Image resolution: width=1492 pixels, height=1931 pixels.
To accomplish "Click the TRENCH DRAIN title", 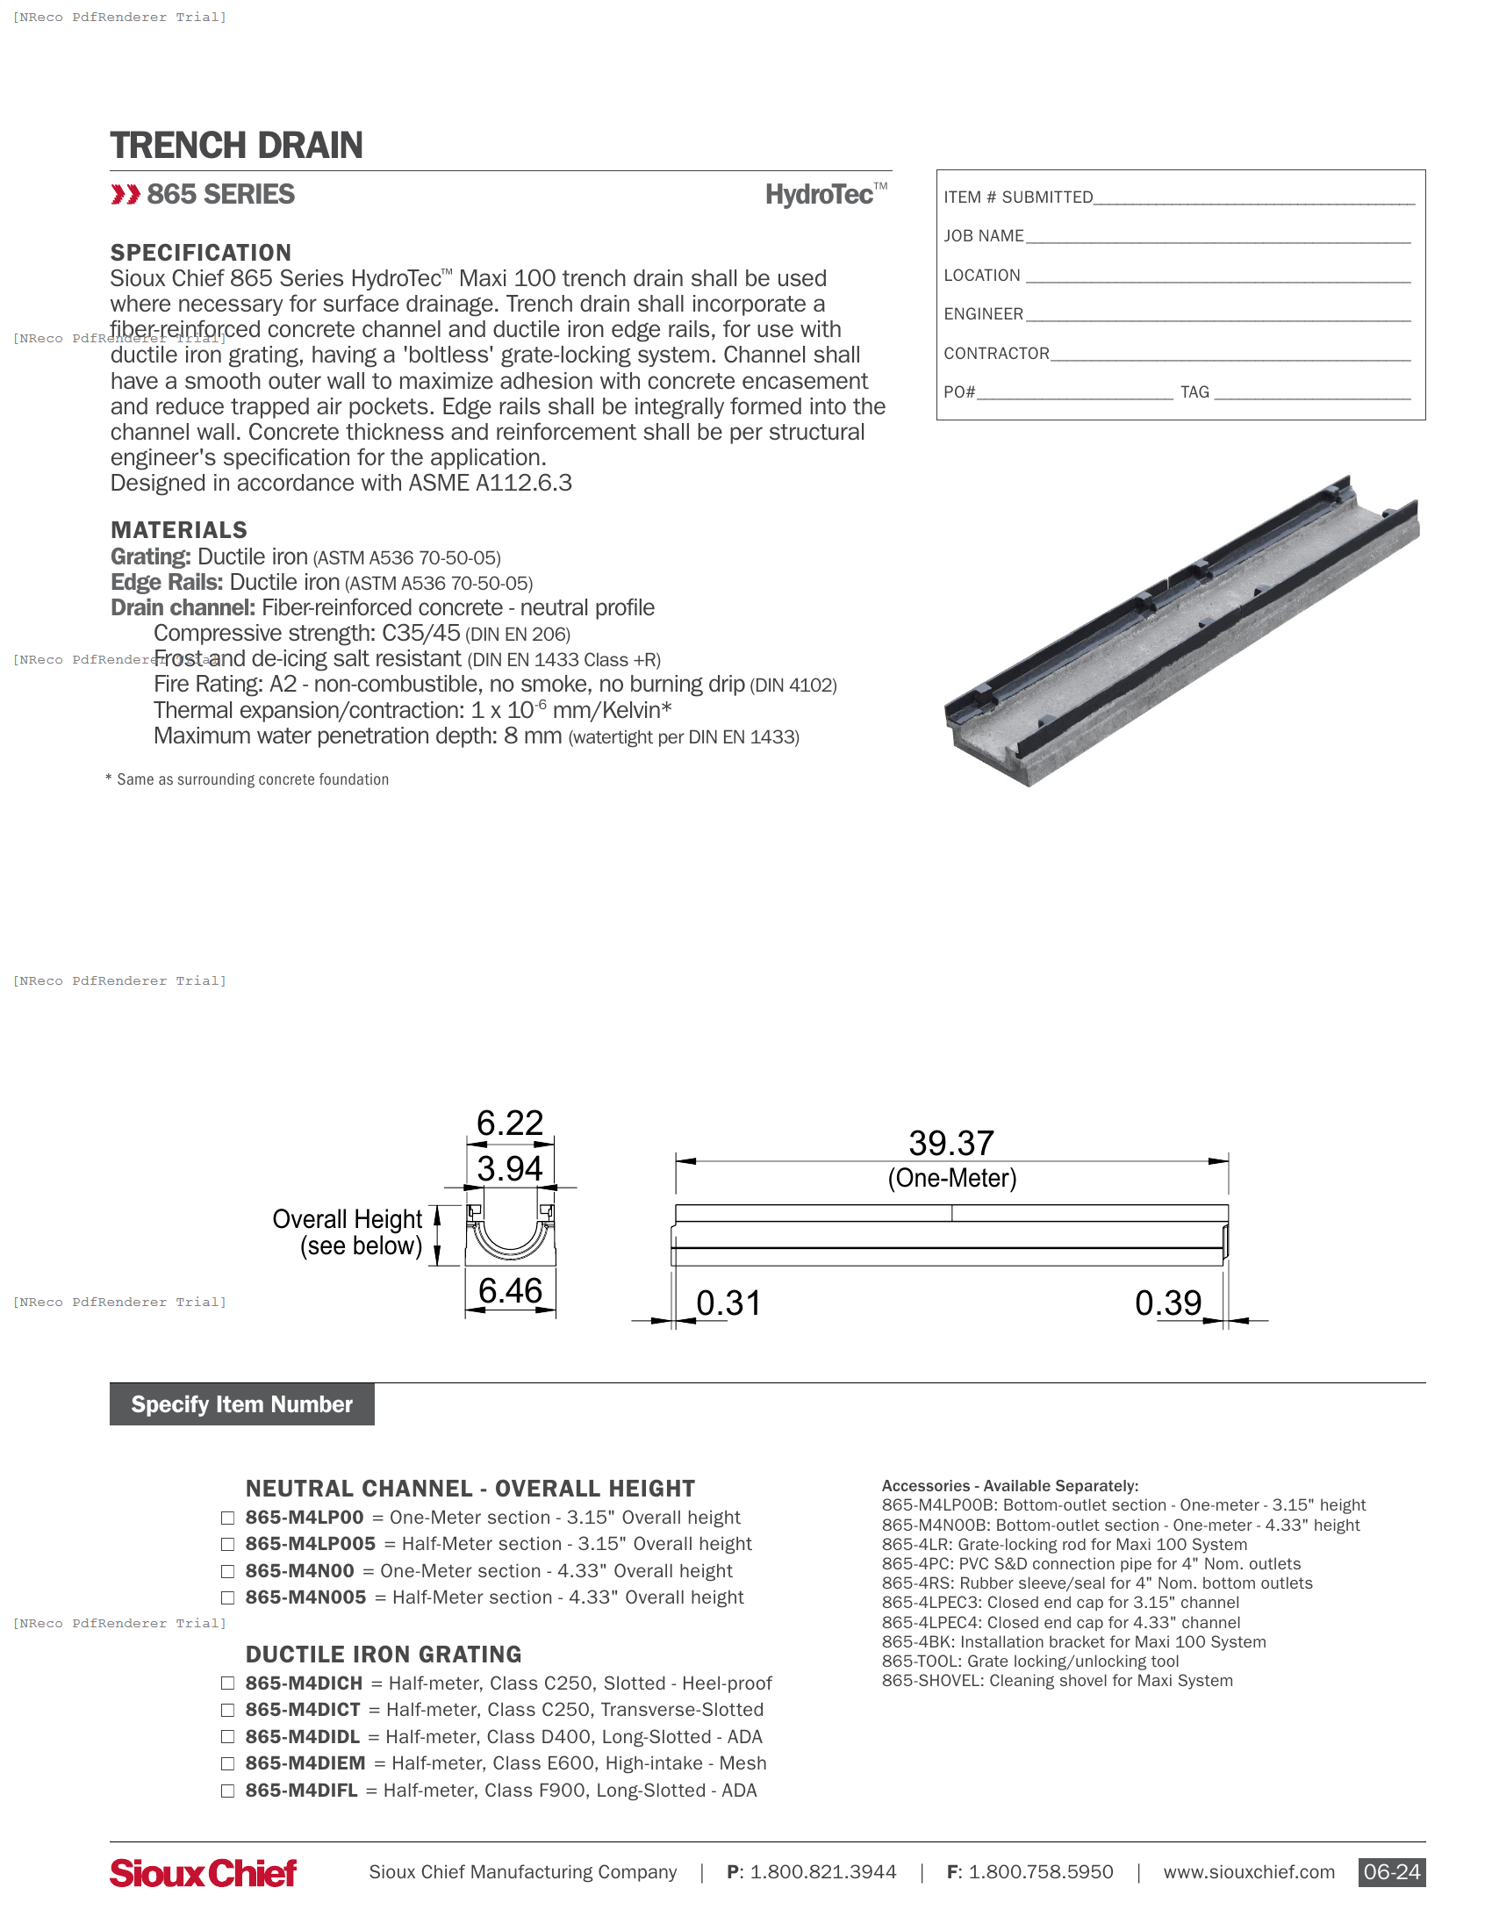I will click(x=236, y=145).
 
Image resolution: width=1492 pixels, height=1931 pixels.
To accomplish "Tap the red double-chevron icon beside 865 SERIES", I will click(x=126, y=195).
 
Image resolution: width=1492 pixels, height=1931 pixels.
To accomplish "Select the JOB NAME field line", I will click(x=1217, y=237).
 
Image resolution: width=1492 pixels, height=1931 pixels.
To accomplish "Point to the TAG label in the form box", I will click(x=1194, y=391).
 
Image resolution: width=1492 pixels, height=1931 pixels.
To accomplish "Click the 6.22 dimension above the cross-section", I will click(x=510, y=1123).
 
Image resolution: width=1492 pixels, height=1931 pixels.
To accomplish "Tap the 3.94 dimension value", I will click(x=510, y=1168).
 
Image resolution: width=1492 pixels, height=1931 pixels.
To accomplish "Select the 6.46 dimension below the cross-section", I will click(x=510, y=1290).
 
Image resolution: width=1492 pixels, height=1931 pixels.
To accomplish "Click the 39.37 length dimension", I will click(x=951, y=1142).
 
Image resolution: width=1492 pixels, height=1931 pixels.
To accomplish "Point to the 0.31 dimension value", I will click(x=728, y=1303).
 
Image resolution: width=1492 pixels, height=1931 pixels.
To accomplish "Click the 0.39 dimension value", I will click(x=1167, y=1303).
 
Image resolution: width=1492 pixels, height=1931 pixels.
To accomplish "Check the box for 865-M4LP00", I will click(x=228, y=1518).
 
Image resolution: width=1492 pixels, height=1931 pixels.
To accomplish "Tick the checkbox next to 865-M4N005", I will click(x=228, y=1597).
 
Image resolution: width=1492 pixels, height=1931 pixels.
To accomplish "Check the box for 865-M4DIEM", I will click(x=228, y=1763).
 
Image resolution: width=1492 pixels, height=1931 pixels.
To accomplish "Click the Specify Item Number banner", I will click(x=241, y=1404).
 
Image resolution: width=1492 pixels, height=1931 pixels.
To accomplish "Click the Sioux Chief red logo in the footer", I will click(x=204, y=1873).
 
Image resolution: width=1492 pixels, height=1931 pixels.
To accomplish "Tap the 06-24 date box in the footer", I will click(x=1390, y=1872).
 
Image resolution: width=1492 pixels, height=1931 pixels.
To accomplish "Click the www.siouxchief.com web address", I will click(x=1248, y=1872).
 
